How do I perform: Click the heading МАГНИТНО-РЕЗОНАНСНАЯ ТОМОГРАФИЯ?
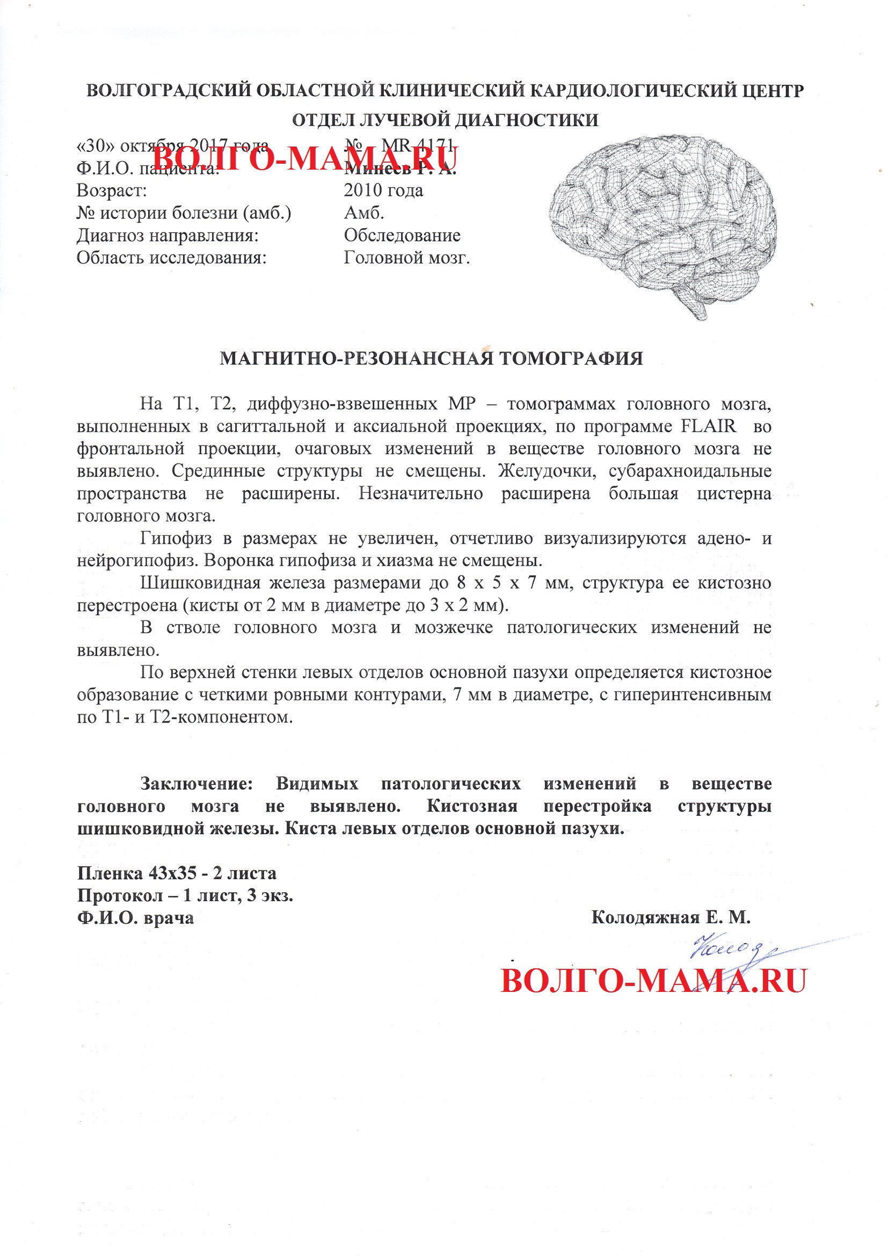pos(431,359)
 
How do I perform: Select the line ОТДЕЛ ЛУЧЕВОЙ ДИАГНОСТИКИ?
pos(445,120)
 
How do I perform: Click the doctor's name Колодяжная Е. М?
pos(671,917)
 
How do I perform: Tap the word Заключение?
pos(196,783)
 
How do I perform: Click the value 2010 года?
pos(383,191)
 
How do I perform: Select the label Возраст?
pos(112,191)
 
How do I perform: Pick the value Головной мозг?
pos(406,257)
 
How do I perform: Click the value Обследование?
pos(402,235)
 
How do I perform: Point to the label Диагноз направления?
pos(168,235)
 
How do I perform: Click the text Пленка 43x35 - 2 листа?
pos(177,873)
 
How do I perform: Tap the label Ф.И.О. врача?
pos(136,917)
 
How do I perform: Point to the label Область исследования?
pos(171,257)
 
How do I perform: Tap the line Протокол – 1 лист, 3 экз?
pos(185,895)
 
